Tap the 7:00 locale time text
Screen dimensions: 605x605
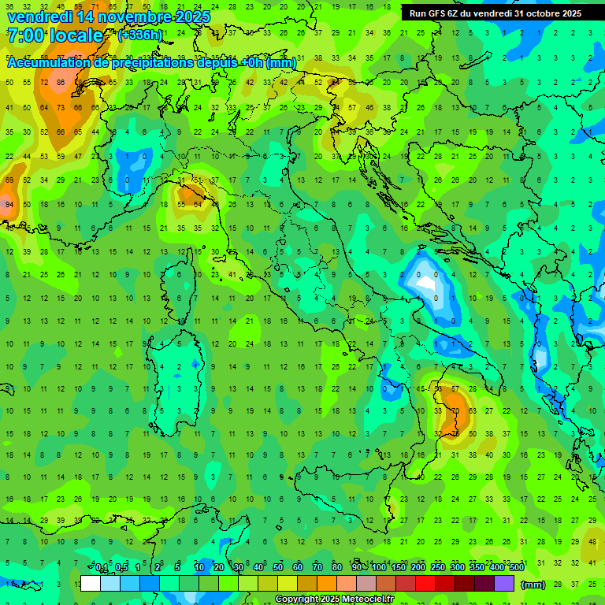point(54,35)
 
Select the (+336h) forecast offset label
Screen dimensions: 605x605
point(140,35)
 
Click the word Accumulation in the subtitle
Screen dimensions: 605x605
point(50,63)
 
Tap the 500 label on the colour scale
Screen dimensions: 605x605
point(516,568)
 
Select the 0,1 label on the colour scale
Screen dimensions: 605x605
point(102,568)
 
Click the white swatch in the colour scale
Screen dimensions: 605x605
point(91,583)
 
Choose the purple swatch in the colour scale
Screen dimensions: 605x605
point(504,583)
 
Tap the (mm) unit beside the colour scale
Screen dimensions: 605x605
point(533,584)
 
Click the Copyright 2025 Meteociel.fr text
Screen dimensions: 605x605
point(334,599)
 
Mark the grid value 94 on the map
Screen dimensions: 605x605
point(9,204)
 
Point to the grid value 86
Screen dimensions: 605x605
point(60,82)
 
